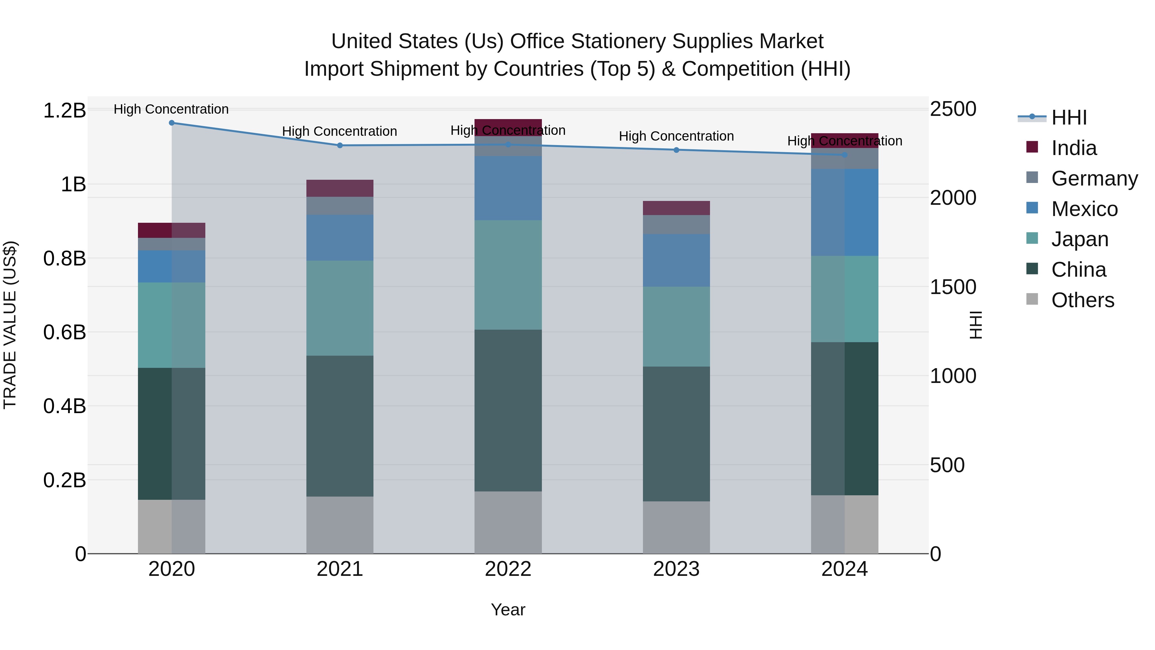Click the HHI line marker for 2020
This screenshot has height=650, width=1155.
pyautogui.click(x=171, y=123)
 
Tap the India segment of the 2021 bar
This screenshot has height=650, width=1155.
pyautogui.click(x=339, y=188)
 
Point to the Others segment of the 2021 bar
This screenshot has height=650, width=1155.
pyautogui.click(x=339, y=524)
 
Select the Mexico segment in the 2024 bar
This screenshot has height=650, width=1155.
pyautogui.click(x=844, y=212)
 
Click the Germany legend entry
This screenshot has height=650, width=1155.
pyautogui.click(x=1094, y=178)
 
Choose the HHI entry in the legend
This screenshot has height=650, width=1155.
pyautogui.click(x=1069, y=117)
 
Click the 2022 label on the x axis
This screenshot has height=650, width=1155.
pyautogui.click(x=508, y=569)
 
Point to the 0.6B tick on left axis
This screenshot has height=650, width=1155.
pyautogui.click(x=64, y=333)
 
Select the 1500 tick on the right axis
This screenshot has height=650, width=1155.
pyautogui.click(x=953, y=287)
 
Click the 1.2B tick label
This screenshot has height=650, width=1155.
pyautogui.click(x=64, y=110)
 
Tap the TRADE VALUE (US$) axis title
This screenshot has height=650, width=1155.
pyautogui.click(x=10, y=325)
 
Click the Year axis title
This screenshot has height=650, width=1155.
pyautogui.click(x=508, y=610)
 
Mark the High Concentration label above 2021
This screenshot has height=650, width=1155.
pyautogui.click(x=339, y=131)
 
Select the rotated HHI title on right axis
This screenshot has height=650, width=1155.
pyautogui.click(x=976, y=325)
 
